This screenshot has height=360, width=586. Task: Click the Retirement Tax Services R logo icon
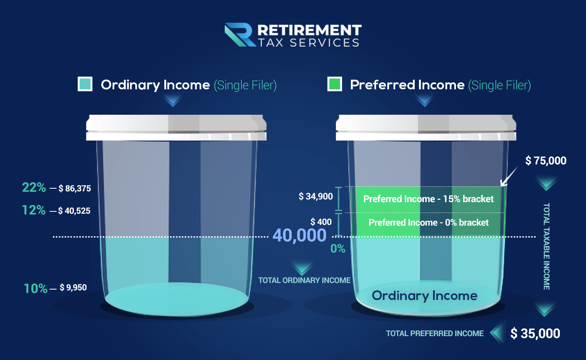tap(240, 35)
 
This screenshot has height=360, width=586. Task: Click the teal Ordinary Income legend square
tap(85, 84)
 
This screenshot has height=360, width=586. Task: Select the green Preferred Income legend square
tap(335, 84)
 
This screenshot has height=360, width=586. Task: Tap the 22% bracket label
tap(34, 188)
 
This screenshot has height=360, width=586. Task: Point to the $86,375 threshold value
tap(75, 189)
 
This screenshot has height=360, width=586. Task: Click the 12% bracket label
tap(34, 210)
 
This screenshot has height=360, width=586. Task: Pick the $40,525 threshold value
tap(74, 211)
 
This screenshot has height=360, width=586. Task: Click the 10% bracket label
tap(35, 288)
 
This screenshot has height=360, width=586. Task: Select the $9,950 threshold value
tap(73, 288)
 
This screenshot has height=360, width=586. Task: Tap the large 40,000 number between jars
tap(299, 235)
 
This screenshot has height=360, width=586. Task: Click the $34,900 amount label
tap(316, 196)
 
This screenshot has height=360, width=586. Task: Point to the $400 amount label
tap(321, 222)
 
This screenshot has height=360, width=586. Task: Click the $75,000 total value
tap(546, 161)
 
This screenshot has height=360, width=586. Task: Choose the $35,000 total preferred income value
tap(535, 333)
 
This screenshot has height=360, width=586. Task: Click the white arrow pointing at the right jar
tap(509, 177)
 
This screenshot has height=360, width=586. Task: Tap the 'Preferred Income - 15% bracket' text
tap(428, 199)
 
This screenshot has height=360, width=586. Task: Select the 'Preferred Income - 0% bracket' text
tap(429, 223)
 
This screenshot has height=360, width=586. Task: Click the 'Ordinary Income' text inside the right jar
tap(424, 296)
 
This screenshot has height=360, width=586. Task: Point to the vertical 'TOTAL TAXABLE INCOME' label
tap(546, 246)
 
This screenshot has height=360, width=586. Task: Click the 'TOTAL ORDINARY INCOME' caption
tap(304, 280)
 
